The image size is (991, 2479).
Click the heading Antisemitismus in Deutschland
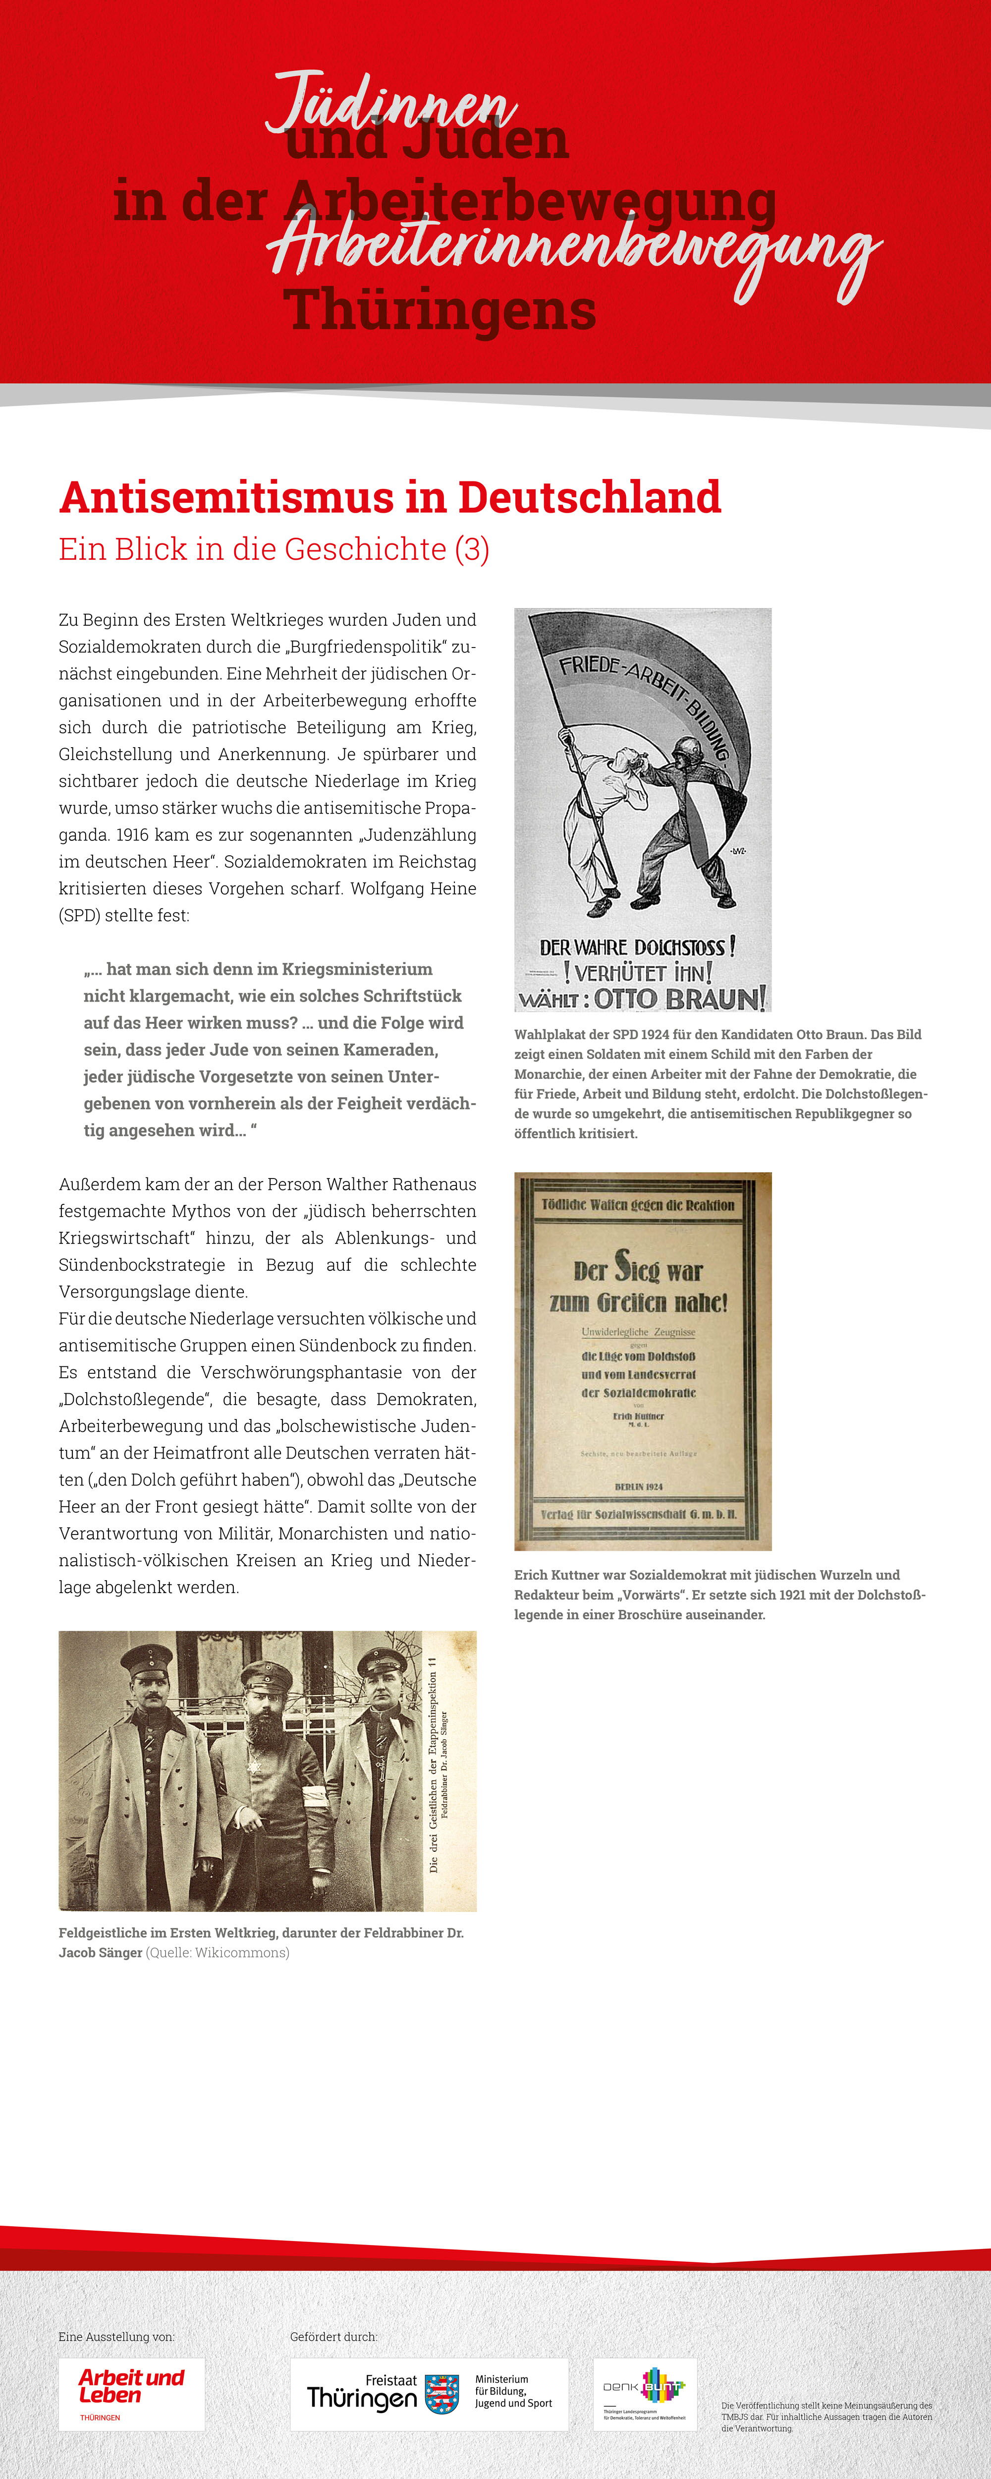(x=389, y=497)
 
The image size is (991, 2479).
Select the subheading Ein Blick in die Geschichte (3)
(x=274, y=549)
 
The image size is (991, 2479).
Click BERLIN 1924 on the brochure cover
(x=639, y=1487)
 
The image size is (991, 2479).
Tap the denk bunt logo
(x=645, y=2393)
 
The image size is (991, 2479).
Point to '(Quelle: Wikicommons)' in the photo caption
(x=218, y=1952)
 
